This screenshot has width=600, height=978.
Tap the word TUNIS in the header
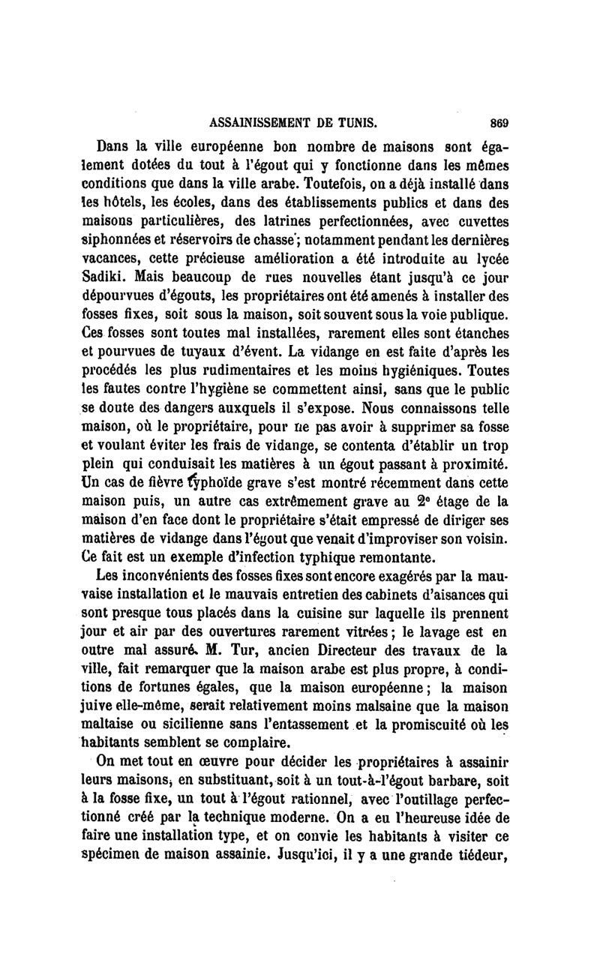click(352, 122)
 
